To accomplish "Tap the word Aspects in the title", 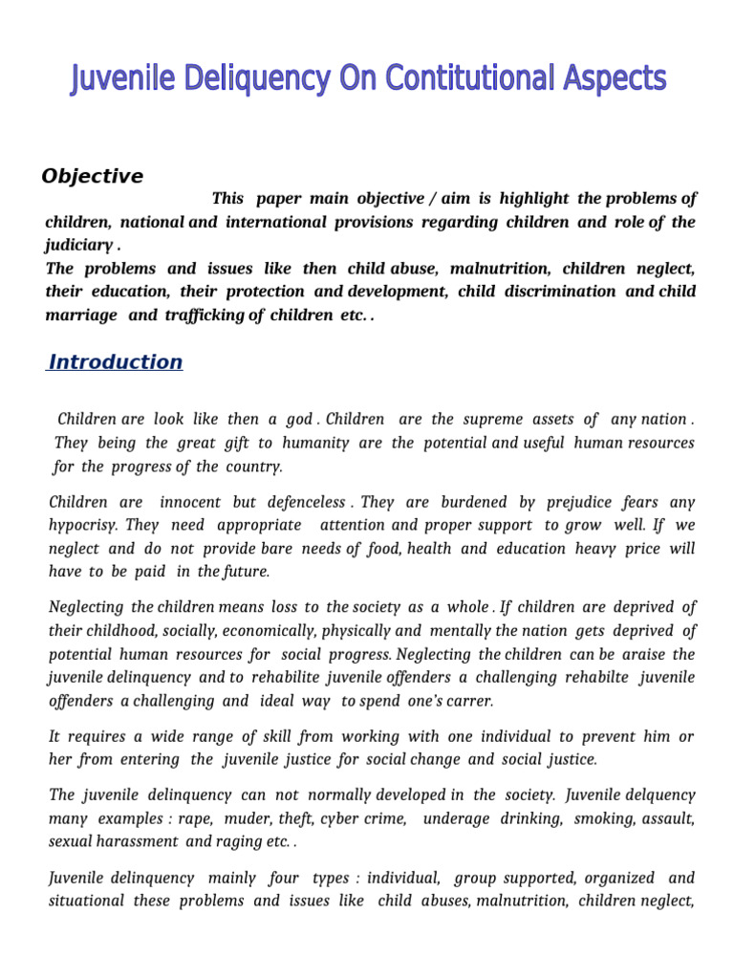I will click(614, 79).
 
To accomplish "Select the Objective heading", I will click(93, 177).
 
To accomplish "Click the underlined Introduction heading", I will click(116, 362).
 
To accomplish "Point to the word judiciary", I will click(78, 245).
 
